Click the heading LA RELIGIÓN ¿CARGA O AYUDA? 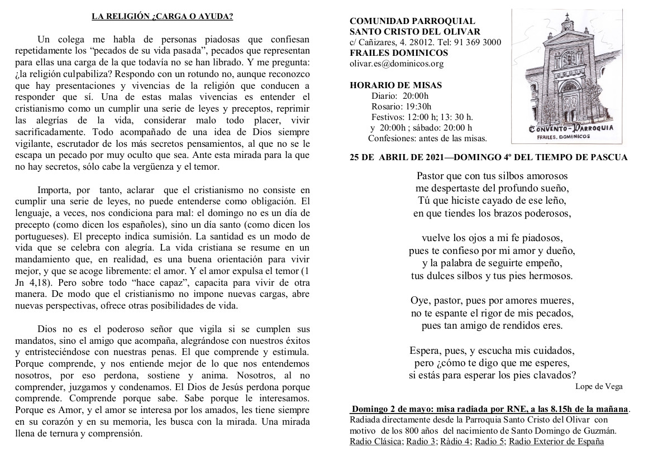click(x=162, y=16)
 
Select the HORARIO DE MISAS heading click(x=395, y=85)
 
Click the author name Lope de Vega click(x=598, y=386)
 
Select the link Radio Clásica click(x=376, y=441)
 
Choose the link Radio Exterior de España click(x=556, y=441)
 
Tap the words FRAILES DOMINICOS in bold click(x=398, y=53)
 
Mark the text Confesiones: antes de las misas click(x=427, y=138)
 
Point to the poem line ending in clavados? click(x=492, y=374)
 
